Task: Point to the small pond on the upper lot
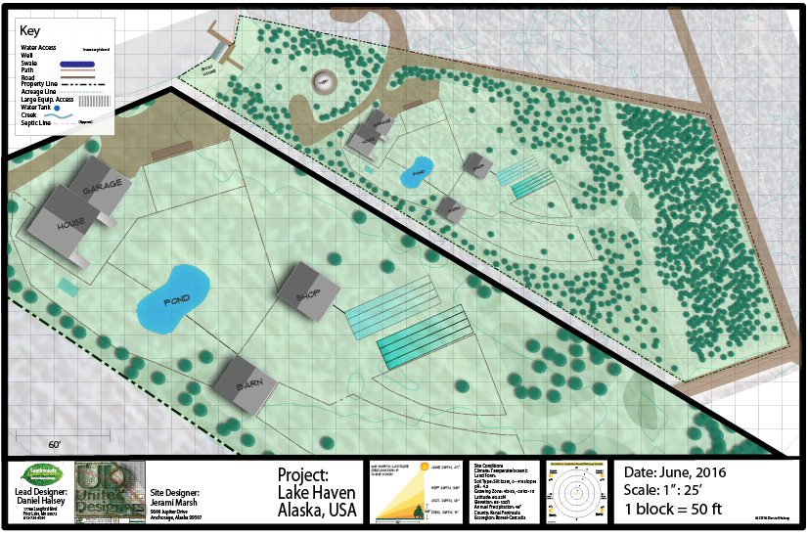pos(417,171)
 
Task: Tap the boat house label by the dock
pos(208,71)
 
